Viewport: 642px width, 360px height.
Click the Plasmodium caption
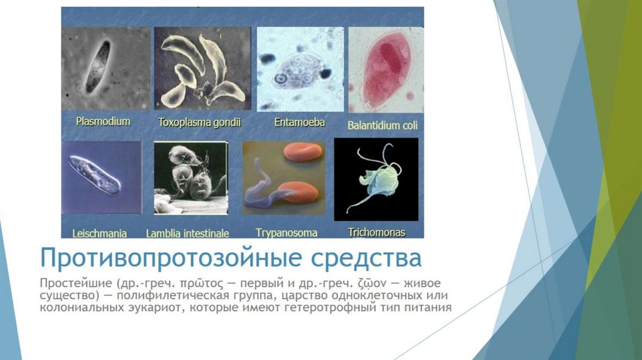103,121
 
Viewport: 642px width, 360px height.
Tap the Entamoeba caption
300,122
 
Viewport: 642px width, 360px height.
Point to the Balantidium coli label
382,125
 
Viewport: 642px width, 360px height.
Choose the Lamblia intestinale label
187,233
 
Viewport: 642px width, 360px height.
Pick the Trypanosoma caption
287,233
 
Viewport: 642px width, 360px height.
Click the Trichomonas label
376,232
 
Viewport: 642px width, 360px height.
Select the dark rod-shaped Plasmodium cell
97,67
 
